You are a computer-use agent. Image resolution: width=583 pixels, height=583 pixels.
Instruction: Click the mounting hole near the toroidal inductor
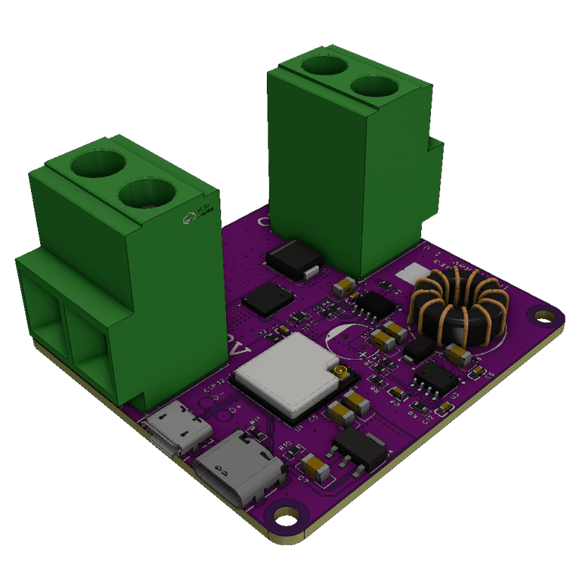(544, 316)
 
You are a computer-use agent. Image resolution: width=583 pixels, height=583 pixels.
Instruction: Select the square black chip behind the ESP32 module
(268, 299)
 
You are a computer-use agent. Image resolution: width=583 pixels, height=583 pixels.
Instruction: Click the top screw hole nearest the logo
(147, 196)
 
